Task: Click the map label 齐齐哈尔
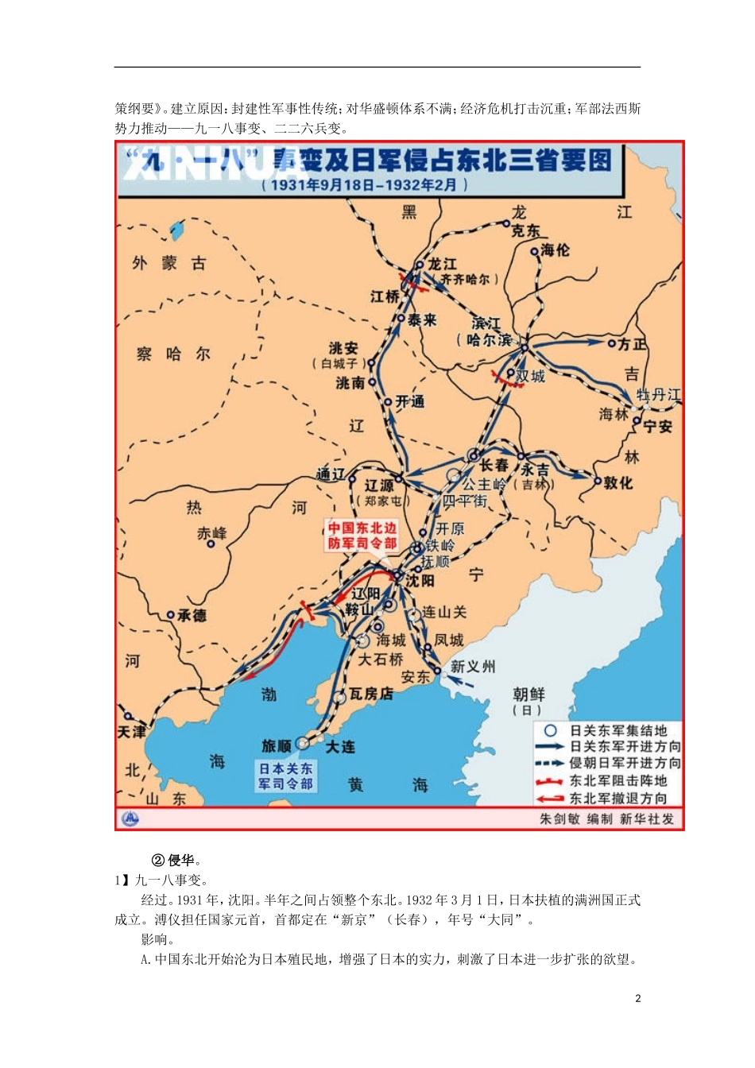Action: (469, 280)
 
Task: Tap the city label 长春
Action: (494, 464)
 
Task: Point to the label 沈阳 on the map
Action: (420, 581)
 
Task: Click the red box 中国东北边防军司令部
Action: (362, 536)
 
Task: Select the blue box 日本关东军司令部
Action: (285, 776)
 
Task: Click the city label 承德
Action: (192, 615)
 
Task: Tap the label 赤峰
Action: (211, 533)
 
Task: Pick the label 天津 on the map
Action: (132, 731)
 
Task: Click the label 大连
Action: (340, 747)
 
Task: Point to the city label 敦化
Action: (618, 482)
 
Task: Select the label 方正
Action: (633, 344)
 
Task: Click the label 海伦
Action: (556, 250)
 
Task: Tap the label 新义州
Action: (472, 666)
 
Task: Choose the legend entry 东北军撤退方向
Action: (618, 798)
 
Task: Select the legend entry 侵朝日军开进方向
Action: (625, 764)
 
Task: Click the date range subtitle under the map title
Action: (365, 184)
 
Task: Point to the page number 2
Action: (637, 998)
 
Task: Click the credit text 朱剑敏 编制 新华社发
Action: (606, 818)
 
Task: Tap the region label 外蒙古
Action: (169, 263)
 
